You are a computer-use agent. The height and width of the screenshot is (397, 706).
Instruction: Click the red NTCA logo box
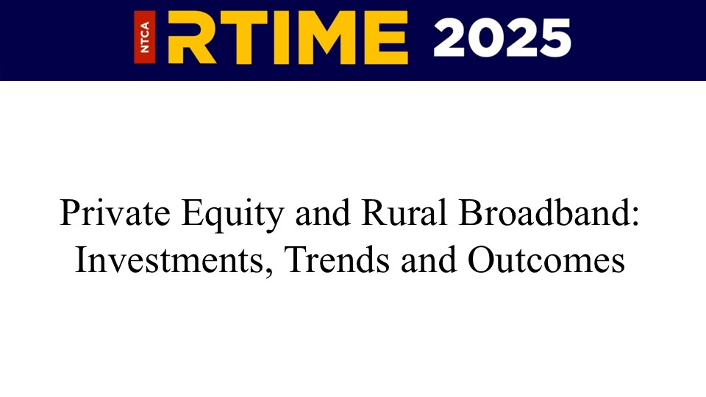(x=145, y=37)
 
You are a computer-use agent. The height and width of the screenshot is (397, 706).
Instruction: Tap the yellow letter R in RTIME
(x=191, y=37)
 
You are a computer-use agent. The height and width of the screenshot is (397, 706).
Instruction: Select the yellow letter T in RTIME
(x=240, y=37)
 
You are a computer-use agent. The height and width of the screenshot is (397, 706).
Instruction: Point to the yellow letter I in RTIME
(x=277, y=37)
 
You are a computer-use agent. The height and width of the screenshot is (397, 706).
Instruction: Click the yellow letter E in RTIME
(x=386, y=37)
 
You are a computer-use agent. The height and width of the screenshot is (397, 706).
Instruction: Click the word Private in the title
(x=115, y=212)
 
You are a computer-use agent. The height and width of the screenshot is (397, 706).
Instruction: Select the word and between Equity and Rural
(x=322, y=212)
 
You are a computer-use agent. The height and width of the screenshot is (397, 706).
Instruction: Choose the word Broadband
(x=544, y=212)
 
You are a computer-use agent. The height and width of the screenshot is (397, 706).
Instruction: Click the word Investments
(x=169, y=260)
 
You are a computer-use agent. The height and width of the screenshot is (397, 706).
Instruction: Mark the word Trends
(x=338, y=260)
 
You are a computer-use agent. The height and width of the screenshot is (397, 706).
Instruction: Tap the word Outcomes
(x=546, y=260)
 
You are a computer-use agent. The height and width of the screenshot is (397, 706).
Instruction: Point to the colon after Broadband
(x=635, y=218)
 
